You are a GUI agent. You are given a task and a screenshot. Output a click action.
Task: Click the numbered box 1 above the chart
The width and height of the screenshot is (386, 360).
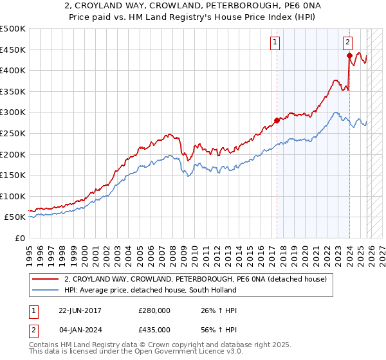pos(275,42)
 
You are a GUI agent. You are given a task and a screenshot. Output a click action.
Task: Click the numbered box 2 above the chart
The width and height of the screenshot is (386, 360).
pos(347,42)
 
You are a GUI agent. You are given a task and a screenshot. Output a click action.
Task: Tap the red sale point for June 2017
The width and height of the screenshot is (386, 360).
pos(277,120)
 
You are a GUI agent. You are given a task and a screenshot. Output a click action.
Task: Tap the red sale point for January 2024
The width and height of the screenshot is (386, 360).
pos(349,55)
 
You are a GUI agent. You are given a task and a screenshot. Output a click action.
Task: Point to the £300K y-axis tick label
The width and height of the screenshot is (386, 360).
pos(14,113)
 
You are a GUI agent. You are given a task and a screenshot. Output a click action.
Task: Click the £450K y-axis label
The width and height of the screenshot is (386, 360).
pos(14,50)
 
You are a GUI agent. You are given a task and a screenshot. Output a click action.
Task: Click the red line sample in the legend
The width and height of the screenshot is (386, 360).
pos(46,279)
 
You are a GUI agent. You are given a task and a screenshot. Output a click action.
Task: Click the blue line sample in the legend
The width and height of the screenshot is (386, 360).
pos(46,290)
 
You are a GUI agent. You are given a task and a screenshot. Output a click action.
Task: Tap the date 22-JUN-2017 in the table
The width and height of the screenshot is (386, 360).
pos(80,310)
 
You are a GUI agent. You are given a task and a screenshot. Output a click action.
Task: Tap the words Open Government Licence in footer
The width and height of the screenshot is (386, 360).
pos(172,354)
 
